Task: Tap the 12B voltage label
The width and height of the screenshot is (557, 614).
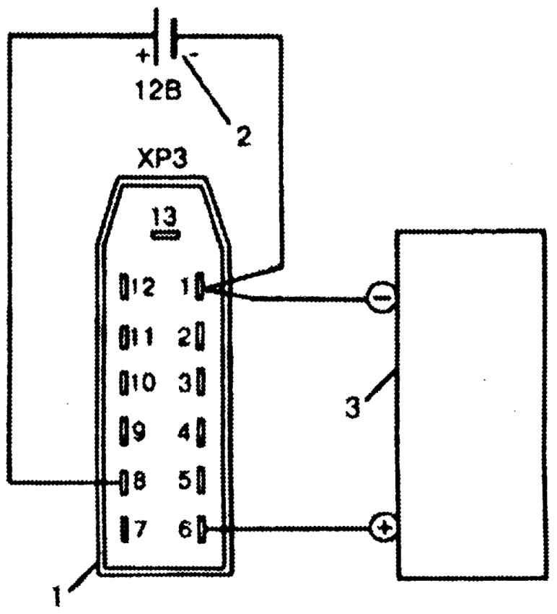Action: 159,90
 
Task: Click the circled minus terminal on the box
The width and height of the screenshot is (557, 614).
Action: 382,298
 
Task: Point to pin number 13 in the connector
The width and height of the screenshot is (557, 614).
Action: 165,216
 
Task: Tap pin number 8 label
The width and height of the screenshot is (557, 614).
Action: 139,480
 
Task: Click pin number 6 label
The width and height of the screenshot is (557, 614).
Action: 185,529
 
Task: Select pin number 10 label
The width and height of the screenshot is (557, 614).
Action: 144,382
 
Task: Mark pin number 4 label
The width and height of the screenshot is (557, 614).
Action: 184,432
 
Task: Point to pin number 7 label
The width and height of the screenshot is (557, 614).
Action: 140,529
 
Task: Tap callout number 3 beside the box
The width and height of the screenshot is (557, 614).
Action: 352,407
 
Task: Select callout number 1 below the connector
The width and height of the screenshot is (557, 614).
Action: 57,596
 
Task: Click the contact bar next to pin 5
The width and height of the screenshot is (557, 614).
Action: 201,480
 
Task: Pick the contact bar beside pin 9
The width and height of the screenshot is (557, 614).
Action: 124,431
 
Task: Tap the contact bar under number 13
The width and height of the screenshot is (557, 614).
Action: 166,235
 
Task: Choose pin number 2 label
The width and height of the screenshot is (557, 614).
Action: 184,337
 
